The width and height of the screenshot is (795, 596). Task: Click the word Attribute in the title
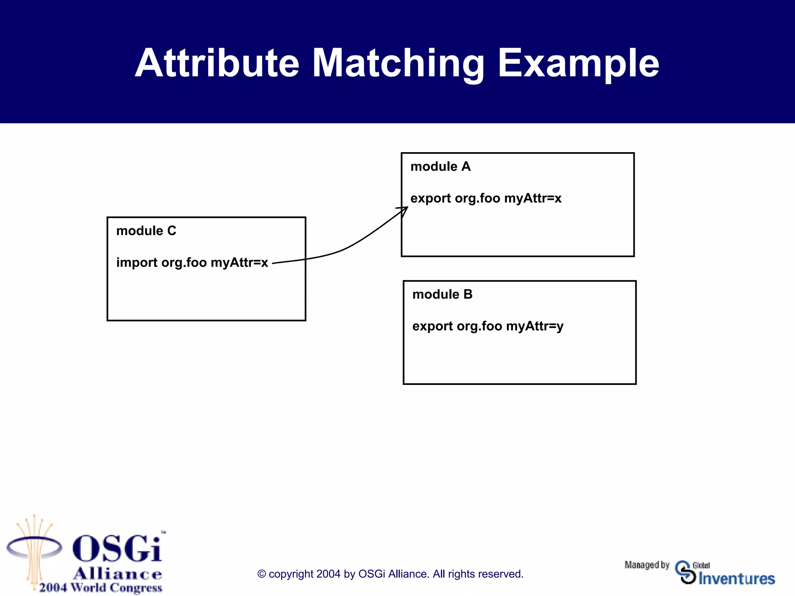coord(217,63)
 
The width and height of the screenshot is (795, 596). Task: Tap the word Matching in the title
coord(398,63)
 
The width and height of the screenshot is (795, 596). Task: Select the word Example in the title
coord(578,63)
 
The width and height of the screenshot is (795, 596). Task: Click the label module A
coord(440,166)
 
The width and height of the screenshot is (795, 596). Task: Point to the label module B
coord(442,294)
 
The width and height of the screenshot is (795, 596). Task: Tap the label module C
coord(146,231)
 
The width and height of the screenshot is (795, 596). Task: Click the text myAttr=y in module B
coord(535,326)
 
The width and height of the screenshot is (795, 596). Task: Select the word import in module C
coord(137,263)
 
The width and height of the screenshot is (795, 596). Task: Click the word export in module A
coord(430,198)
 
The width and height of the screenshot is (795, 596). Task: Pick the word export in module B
coord(432,326)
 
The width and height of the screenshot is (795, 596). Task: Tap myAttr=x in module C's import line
coord(239,263)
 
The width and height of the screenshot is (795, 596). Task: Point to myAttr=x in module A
coord(533,198)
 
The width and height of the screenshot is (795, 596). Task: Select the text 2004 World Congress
coord(101,587)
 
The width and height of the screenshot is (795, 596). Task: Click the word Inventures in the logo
coord(736,579)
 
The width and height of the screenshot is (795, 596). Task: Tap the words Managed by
coord(647,565)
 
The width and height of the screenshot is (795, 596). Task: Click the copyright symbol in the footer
coord(262,574)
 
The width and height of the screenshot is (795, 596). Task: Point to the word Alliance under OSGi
coord(117,573)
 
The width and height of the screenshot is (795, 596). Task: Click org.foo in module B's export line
coord(479,326)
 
